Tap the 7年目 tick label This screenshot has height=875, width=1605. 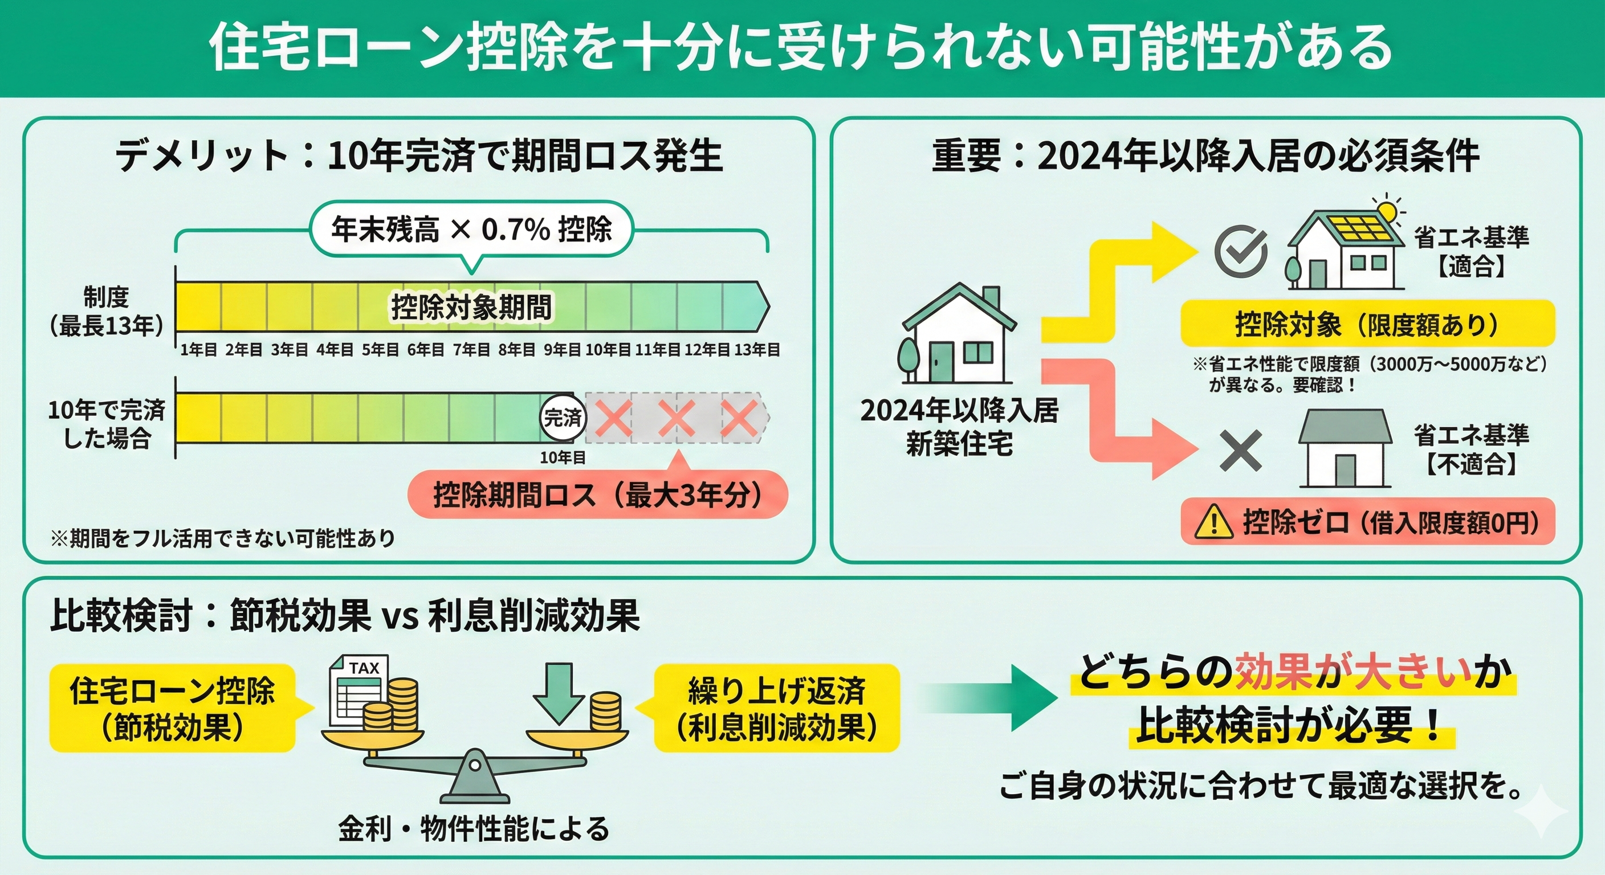click(x=471, y=350)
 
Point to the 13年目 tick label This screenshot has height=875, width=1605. click(x=757, y=350)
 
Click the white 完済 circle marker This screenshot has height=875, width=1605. click(x=563, y=417)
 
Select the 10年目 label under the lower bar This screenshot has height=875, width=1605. click(x=563, y=458)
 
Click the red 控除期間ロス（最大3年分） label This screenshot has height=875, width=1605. click(x=597, y=495)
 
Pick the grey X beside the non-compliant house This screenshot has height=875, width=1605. click(x=1240, y=450)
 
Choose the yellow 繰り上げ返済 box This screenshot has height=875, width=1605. click(x=776, y=708)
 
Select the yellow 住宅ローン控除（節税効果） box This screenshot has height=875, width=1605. click(x=172, y=708)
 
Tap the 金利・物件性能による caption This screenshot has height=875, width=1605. click(x=474, y=828)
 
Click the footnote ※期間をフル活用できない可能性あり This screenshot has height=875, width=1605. click(x=223, y=537)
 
